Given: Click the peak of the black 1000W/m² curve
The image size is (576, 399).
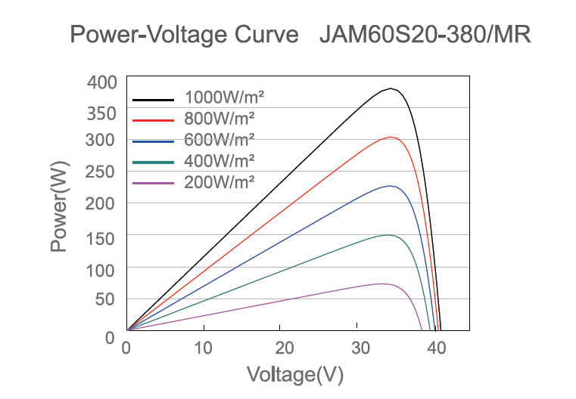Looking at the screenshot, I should (391, 88).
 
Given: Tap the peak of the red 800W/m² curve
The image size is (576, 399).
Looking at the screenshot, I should (391, 137).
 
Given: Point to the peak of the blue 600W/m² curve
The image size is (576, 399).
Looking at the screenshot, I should (390, 185).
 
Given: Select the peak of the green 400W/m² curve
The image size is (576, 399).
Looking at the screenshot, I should (388, 234).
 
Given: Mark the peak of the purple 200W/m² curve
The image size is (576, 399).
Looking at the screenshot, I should (385, 283).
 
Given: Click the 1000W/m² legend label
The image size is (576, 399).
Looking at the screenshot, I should (224, 97).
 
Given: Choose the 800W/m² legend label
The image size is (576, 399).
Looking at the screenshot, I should (220, 119).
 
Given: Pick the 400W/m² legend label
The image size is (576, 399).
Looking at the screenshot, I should (220, 160).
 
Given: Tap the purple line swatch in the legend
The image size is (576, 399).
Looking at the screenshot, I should (154, 183).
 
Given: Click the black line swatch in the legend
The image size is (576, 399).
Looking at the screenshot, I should (154, 99).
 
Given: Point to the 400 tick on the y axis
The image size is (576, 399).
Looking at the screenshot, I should (101, 82).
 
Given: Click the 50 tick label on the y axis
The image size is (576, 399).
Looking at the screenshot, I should (106, 300).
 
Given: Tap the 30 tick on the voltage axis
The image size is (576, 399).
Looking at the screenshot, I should (359, 348).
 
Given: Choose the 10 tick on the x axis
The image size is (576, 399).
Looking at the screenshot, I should (203, 348).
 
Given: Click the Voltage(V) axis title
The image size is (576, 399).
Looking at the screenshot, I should (295, 374).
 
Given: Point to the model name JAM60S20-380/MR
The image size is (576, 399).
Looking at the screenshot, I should (425, 35).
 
